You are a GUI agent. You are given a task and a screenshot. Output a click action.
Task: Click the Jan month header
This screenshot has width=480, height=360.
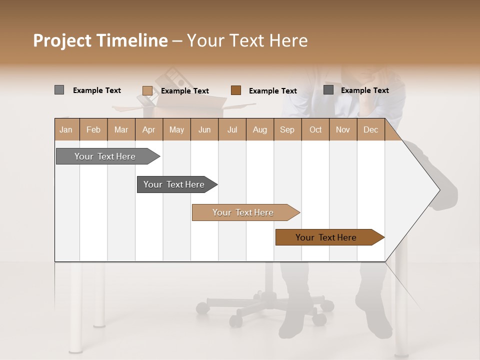click(x=66, y=129)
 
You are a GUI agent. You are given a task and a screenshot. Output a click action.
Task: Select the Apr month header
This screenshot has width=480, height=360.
click(x=149, y=129)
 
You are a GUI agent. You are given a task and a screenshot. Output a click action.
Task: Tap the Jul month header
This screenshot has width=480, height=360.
click(x=232, y=129)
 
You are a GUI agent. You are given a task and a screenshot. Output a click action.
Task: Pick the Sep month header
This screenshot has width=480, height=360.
click(x=287, y=129)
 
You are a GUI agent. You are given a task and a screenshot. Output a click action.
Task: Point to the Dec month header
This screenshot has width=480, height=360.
click(x=370, y=129)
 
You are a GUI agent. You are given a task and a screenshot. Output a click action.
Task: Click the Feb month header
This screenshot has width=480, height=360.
click(x=93, y=129)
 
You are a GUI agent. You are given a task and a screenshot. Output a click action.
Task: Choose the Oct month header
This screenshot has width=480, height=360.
click(x=315, y=129)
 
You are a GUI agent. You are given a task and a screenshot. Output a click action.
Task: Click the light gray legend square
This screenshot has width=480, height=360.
click(x=59, y=90)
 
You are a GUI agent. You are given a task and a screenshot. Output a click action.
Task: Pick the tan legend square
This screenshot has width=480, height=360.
click(x=147, y=90)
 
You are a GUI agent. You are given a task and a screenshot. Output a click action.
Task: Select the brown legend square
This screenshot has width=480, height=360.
click(x=236, y=90)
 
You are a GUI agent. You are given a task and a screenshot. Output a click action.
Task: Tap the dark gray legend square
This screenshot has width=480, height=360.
click(x=328, y=90)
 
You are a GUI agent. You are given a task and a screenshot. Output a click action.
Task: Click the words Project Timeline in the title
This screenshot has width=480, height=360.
click(x=100, y=40)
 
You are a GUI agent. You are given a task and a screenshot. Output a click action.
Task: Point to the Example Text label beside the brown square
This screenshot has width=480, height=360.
click(x=272, y=91)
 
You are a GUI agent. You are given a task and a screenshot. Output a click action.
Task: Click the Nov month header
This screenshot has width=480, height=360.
click(x=343, y=129)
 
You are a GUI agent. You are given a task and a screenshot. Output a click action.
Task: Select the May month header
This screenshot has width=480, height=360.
click(x=176, y=129)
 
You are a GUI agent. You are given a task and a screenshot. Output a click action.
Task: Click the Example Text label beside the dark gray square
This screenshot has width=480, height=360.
click(x=364, y=90)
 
